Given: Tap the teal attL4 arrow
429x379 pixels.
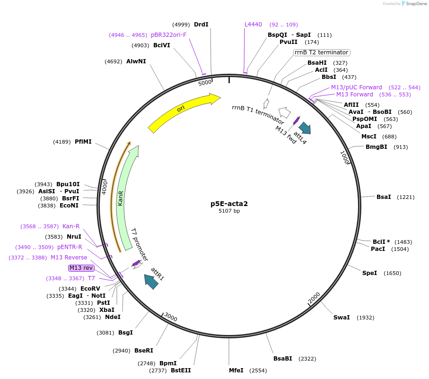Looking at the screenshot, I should click(x=305, y=128).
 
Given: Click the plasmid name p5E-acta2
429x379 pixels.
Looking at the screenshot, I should click(x=229, y=204).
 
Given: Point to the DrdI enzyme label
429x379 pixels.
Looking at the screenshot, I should click(x=201, y=25).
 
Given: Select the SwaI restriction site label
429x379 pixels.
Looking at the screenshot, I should click(x=341, y=317).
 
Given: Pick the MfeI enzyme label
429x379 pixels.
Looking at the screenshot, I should click(x=236, y=370).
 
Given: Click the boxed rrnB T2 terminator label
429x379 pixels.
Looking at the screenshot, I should click(x=322, y=52).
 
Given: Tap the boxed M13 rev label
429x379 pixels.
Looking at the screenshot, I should click(x=81, y=268).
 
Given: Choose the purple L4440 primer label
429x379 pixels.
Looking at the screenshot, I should click(x=253, y=25).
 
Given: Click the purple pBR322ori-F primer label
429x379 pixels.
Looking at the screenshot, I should click(x=168, y=35).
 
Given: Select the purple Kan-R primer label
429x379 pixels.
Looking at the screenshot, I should click(x=71, y=226).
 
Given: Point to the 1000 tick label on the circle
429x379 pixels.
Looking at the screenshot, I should click(x=345, y=157).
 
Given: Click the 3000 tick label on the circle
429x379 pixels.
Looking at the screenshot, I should click(x=171, y=318).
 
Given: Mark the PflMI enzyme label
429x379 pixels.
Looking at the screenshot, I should click(x=83, y=141).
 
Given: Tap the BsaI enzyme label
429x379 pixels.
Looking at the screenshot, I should click(x=384, y=197).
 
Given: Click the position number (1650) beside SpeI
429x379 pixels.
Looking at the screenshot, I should click(x=392, y=273).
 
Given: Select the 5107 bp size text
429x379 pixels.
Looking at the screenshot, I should click(x=229, y=211).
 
